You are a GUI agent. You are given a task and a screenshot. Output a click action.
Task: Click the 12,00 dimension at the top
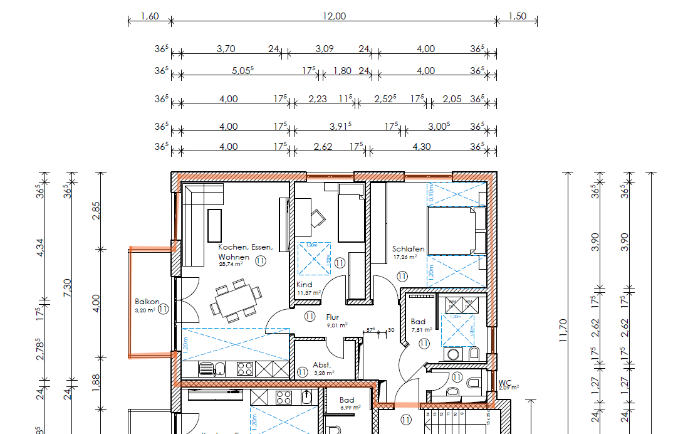click(x=334, y=16)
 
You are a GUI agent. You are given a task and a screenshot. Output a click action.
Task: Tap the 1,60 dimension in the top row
click(x=149, y=16)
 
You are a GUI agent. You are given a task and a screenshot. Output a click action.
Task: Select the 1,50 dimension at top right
click(x=518, y=16)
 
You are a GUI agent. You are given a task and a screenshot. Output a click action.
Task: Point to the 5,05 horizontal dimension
click(x=242, y=71)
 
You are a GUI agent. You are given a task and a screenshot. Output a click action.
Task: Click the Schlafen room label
click(x=409, y=249)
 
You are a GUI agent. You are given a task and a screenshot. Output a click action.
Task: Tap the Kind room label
click(x=304, y=285)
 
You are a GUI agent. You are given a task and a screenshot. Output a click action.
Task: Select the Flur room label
click(x=332, y=317)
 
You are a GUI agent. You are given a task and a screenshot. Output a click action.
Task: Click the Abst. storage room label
click(x=321, y=365)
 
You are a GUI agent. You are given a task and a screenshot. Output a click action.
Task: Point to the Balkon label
click(x=147, y=302)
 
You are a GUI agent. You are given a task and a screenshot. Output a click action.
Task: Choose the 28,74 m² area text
click(x=231, y=265)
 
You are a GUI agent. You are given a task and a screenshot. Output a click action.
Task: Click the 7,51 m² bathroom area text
click(x=422, y=329)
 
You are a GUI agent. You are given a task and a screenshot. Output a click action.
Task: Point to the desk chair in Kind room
click(x=318, y=218)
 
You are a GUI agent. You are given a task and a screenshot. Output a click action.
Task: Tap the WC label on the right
click(x=505, y=382)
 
